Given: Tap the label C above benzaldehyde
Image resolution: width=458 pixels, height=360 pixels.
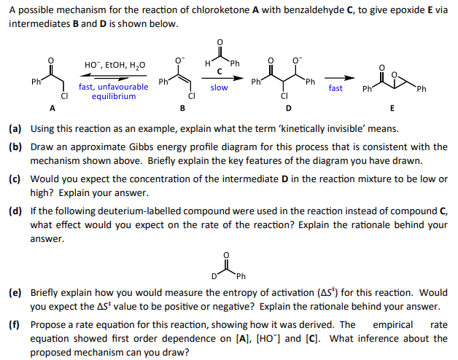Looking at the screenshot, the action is [x=219, y=71].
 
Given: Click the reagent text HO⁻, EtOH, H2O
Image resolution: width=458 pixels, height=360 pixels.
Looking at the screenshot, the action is [x=115, y=65].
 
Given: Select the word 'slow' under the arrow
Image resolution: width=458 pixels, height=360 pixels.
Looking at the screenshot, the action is [x=219, y=87].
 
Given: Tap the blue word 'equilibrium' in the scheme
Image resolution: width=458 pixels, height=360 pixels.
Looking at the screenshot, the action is [x=114, y=96].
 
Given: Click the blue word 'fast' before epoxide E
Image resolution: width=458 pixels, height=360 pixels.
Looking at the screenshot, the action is [x=335, y=88].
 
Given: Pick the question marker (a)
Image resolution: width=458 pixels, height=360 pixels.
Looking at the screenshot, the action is [x=15, y=129].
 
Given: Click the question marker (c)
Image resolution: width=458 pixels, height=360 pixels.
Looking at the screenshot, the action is [x=15, y=179].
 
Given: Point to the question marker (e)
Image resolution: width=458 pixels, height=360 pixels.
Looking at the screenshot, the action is [x=15, y=293].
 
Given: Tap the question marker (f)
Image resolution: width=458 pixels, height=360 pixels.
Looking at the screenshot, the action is [x=15, y=325].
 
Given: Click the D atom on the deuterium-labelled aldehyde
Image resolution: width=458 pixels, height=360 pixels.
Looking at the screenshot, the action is [x=214, y=276].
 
